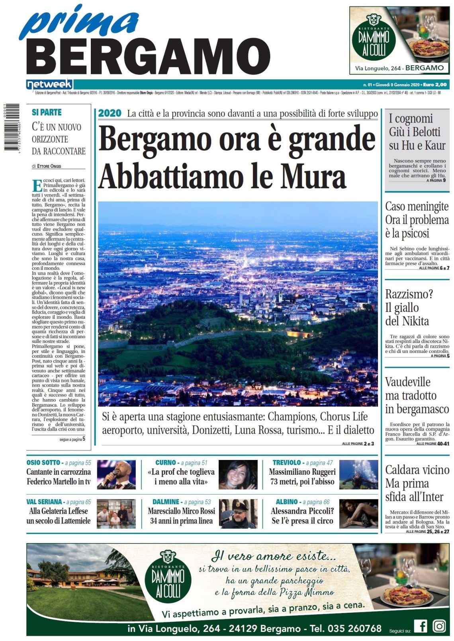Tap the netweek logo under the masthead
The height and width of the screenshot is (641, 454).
[x=49, y=84]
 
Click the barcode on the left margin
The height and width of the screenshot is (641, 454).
[x=12, y=127]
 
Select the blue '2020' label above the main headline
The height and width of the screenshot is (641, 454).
[x=110, y=113]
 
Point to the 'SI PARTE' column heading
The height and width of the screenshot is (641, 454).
[x=47, y=113]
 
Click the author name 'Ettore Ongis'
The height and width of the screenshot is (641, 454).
[x=49, y=166]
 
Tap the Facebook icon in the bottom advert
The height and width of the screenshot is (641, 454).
[x=420, y=626]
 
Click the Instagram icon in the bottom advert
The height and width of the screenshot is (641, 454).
[x=439, y=626]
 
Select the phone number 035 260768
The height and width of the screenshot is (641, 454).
[x=354, y=629]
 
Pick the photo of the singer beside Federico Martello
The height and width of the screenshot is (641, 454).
[x=116, y=474]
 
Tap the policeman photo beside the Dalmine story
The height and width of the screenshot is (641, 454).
[x=238, y=513]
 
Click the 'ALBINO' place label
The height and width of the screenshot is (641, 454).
[x=286, y=502]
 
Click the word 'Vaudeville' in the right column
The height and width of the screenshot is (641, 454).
[x=407, y=382]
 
